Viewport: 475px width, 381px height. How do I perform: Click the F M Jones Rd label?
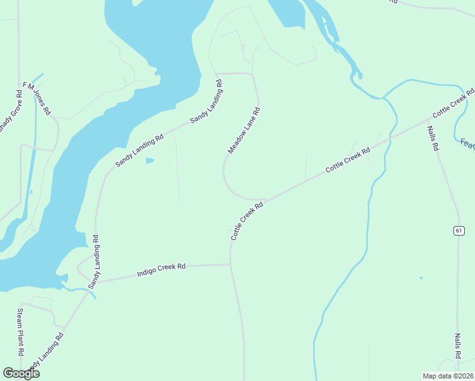pos(37,98)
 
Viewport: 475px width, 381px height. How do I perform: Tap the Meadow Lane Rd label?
pos(244,130)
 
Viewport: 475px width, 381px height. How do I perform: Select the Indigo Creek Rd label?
pos(161,271)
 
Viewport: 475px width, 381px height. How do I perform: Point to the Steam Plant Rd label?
pos(20,331)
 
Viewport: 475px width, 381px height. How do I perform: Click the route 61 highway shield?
pos(458,231)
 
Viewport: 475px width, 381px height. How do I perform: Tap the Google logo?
pos(21,373)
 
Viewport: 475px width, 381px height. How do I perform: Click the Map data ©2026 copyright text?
pos(448,375)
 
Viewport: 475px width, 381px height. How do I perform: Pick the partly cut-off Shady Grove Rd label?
pos(10,111)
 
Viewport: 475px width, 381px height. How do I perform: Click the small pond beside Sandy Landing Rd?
pos(149,161)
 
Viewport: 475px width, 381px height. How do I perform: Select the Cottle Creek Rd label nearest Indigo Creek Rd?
pos(246,222)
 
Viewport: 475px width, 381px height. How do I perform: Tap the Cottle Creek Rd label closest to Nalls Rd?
pos(453,103)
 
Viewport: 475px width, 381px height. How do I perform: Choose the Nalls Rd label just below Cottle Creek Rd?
pos(433,138)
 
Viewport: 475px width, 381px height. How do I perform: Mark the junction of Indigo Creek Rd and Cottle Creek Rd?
pos(230,265)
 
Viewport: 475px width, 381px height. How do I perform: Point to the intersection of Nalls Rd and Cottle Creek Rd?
pos(429,119)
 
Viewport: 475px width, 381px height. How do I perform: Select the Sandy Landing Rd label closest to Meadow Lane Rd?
pos(206,102)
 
